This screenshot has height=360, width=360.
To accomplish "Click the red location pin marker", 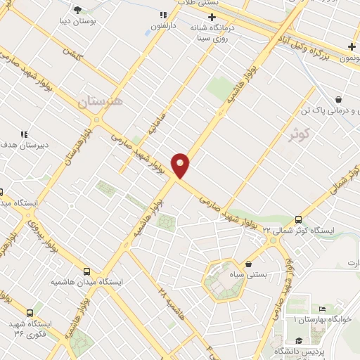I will click(x=181, y=165).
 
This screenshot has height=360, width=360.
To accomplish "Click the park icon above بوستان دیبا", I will click(x=77, y=9).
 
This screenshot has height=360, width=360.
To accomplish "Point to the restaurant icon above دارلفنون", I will click(x=162, y=15).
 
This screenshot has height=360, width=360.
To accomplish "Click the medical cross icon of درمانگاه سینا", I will click(x=211, y=16).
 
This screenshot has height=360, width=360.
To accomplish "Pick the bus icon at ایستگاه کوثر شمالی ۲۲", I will click(x=299, y=219).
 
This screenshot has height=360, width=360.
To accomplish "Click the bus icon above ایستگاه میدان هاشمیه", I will click(x=86, y=271).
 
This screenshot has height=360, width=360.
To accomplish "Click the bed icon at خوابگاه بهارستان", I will click(x=322, y=309).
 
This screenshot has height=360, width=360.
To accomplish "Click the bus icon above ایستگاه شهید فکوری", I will click(x=30, y=313).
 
